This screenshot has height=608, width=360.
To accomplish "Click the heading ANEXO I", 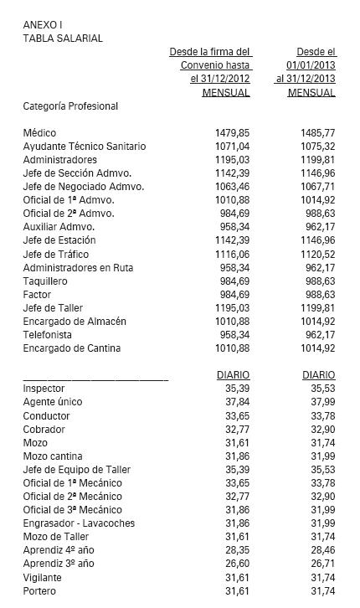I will tap(42, 24).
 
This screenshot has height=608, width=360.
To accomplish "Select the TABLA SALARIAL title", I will tap(63, 38).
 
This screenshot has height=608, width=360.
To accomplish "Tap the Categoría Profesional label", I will tap(70, 106).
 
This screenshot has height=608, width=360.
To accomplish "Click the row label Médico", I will tap(40, 133).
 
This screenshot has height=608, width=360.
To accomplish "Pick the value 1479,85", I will tap(232, 133).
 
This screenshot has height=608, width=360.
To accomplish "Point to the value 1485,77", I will tap(317, 133).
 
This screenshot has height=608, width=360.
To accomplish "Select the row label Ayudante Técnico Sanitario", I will tap(85, 147).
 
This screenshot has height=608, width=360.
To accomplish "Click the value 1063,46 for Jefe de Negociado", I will tap(232, 187).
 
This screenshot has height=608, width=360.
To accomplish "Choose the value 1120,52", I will tap(317, 254).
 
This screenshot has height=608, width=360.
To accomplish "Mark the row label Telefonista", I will tap(49, 335).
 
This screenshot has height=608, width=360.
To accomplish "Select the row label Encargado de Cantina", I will tap(72, 348).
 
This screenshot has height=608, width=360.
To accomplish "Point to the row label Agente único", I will tap(53, 402).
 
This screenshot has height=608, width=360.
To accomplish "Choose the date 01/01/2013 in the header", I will tap(311, 64).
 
